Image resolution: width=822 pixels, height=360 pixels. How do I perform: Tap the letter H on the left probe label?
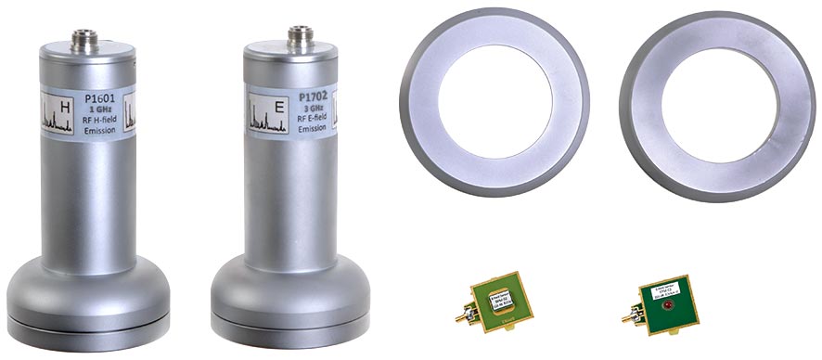point(64,110)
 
